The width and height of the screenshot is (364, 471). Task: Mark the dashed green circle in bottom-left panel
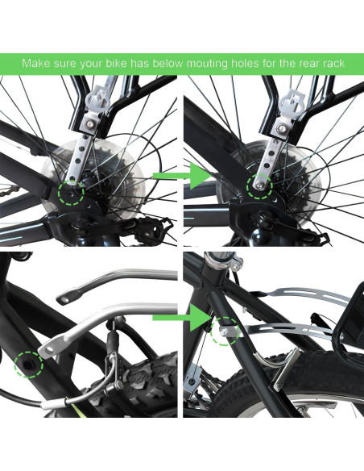coord(29,364)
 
